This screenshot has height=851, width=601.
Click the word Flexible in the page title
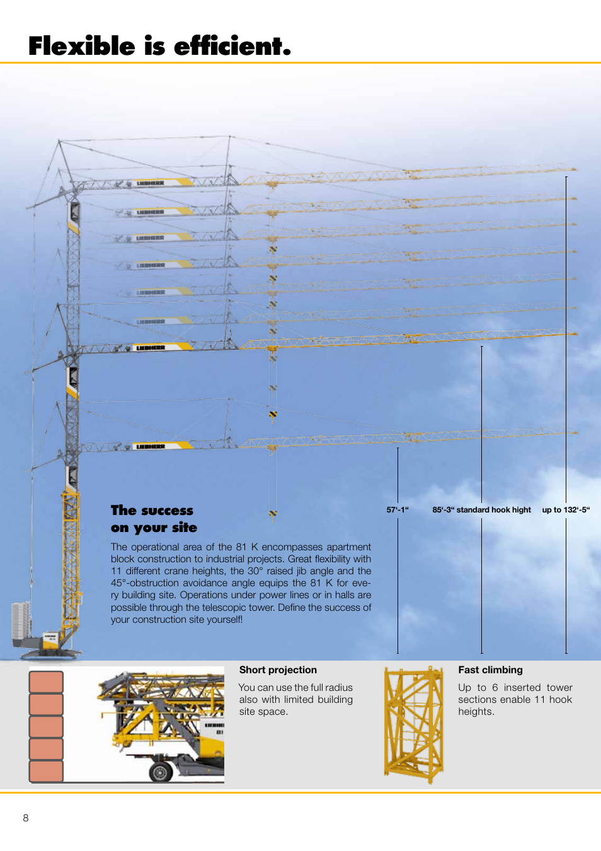pyautogui.click(x=82, y=47)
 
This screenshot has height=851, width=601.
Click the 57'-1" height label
pyautogui.click(x=398, y=510)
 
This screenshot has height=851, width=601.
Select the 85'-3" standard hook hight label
pyautogui.click(x=481, y=510)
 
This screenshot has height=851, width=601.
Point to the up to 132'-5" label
pyautogui.click(x=566, y=510)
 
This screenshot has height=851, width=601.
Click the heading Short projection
pyautogui.click(x=278, y=670)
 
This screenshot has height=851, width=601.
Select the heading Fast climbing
pyautogui.click(x=490, y=670)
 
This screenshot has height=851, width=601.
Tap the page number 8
pyautogui.click(x=26, y=818)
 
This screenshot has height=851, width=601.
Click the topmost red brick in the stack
pyautogui.click(x=46, y=682)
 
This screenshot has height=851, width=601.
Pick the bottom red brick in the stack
pyautogui.click(x=46, y=771)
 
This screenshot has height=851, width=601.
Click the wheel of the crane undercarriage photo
pyautogui.click(x=161, y=770)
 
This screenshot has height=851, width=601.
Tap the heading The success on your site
pyautogui.click(x=153, y=519)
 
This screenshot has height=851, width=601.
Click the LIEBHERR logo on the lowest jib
pyautogui.click(x=151, y=446)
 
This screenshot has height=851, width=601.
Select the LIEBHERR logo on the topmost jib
pyautogui.click(x=151, y=183)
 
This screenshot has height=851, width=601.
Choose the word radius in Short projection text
pyautogui.click(x=339, y=688)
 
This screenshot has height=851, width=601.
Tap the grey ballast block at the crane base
pyautogui.click(x=21, y=620)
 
